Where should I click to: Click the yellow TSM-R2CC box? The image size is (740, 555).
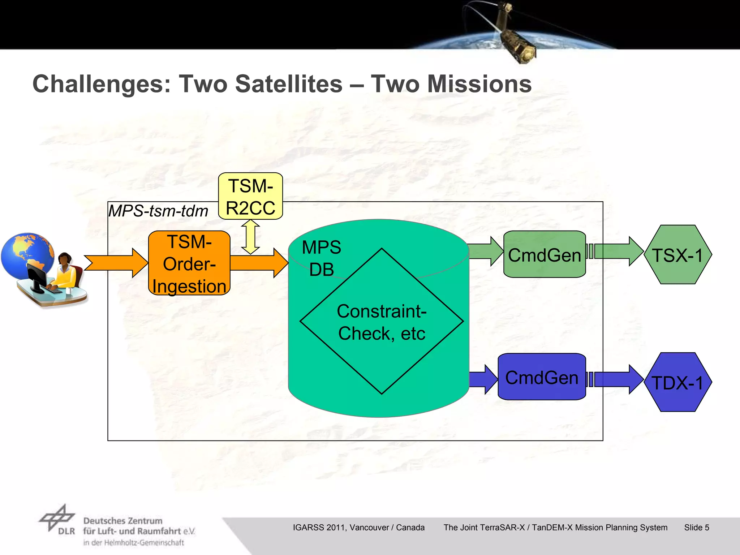click(250, 196)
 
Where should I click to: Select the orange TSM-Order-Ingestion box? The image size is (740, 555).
click(189, 263)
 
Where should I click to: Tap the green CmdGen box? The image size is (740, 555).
click(544, 255)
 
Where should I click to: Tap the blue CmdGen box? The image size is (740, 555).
click(541, 377)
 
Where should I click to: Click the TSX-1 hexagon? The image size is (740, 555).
click(677, 255)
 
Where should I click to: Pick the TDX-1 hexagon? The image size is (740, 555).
click(677, 382)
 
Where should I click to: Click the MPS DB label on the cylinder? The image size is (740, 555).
click(321, 258)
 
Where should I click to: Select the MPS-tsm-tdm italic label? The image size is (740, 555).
click(158, 211)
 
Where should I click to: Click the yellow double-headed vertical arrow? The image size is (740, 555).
click(250, 237)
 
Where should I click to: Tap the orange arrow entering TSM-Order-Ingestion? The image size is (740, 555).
click(116, 263)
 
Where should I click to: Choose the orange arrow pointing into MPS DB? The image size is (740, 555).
click(258, 263)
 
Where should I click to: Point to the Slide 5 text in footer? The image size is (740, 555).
click(696, 528)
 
